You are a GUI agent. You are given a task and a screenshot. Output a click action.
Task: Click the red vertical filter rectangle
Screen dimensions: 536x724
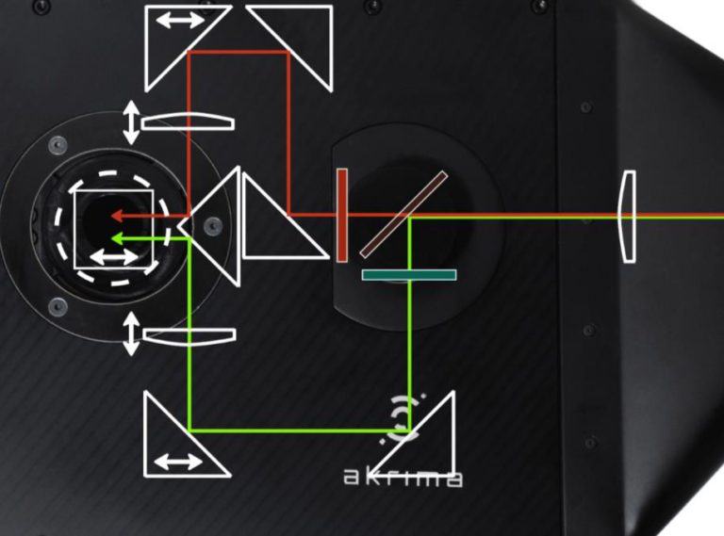pos(342,215)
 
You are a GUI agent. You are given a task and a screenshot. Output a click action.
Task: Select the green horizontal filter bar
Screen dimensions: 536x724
pos(409,275)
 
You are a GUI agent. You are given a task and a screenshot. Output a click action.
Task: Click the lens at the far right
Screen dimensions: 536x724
pos(626,216)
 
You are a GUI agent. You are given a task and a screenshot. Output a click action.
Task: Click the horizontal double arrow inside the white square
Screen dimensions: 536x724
pos(113,258)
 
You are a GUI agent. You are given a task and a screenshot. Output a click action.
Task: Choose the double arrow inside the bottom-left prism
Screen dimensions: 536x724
pos(178,462)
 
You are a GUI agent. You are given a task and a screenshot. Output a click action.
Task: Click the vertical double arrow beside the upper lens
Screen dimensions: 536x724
pos(131,122)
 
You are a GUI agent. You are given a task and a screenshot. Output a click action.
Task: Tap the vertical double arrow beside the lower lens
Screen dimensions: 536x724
pos(131,333)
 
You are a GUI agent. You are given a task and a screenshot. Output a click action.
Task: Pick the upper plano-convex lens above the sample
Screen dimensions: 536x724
pos(188,122)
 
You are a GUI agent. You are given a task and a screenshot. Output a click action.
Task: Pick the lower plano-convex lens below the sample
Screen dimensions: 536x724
pos(188,337)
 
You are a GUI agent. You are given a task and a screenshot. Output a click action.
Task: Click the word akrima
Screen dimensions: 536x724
pos(403,478)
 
